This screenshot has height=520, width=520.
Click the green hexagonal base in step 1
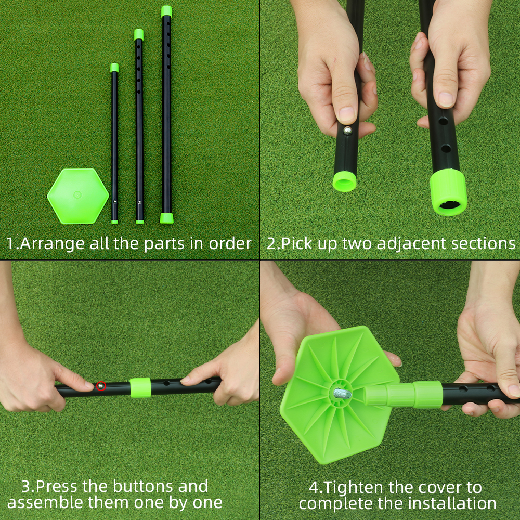(78, 196)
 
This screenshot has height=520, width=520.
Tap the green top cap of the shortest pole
(114, 67)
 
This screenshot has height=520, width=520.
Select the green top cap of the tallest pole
(166, 11)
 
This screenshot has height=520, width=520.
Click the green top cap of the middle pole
(139, 34)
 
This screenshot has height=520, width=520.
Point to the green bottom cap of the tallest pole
(166, 218)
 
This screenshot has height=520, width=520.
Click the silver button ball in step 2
(347, 131)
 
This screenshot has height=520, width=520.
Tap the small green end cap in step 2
(345, 181)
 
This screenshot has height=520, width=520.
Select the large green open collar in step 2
(449, 192)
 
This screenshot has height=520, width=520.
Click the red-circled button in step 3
(101, 386)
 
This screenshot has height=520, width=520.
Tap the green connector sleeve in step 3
(140, 387)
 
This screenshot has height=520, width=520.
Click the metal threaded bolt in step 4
(343, 394)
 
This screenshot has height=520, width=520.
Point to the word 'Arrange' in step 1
(52, 244)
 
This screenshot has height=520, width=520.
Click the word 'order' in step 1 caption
(230, 244)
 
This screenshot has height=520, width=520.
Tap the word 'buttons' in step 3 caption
(143, 487)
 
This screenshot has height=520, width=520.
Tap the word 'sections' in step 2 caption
(483, 244)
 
